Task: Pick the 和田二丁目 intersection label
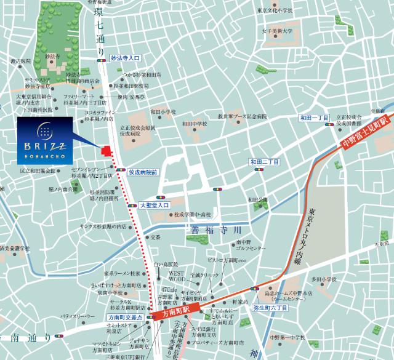tap(265, 162)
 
